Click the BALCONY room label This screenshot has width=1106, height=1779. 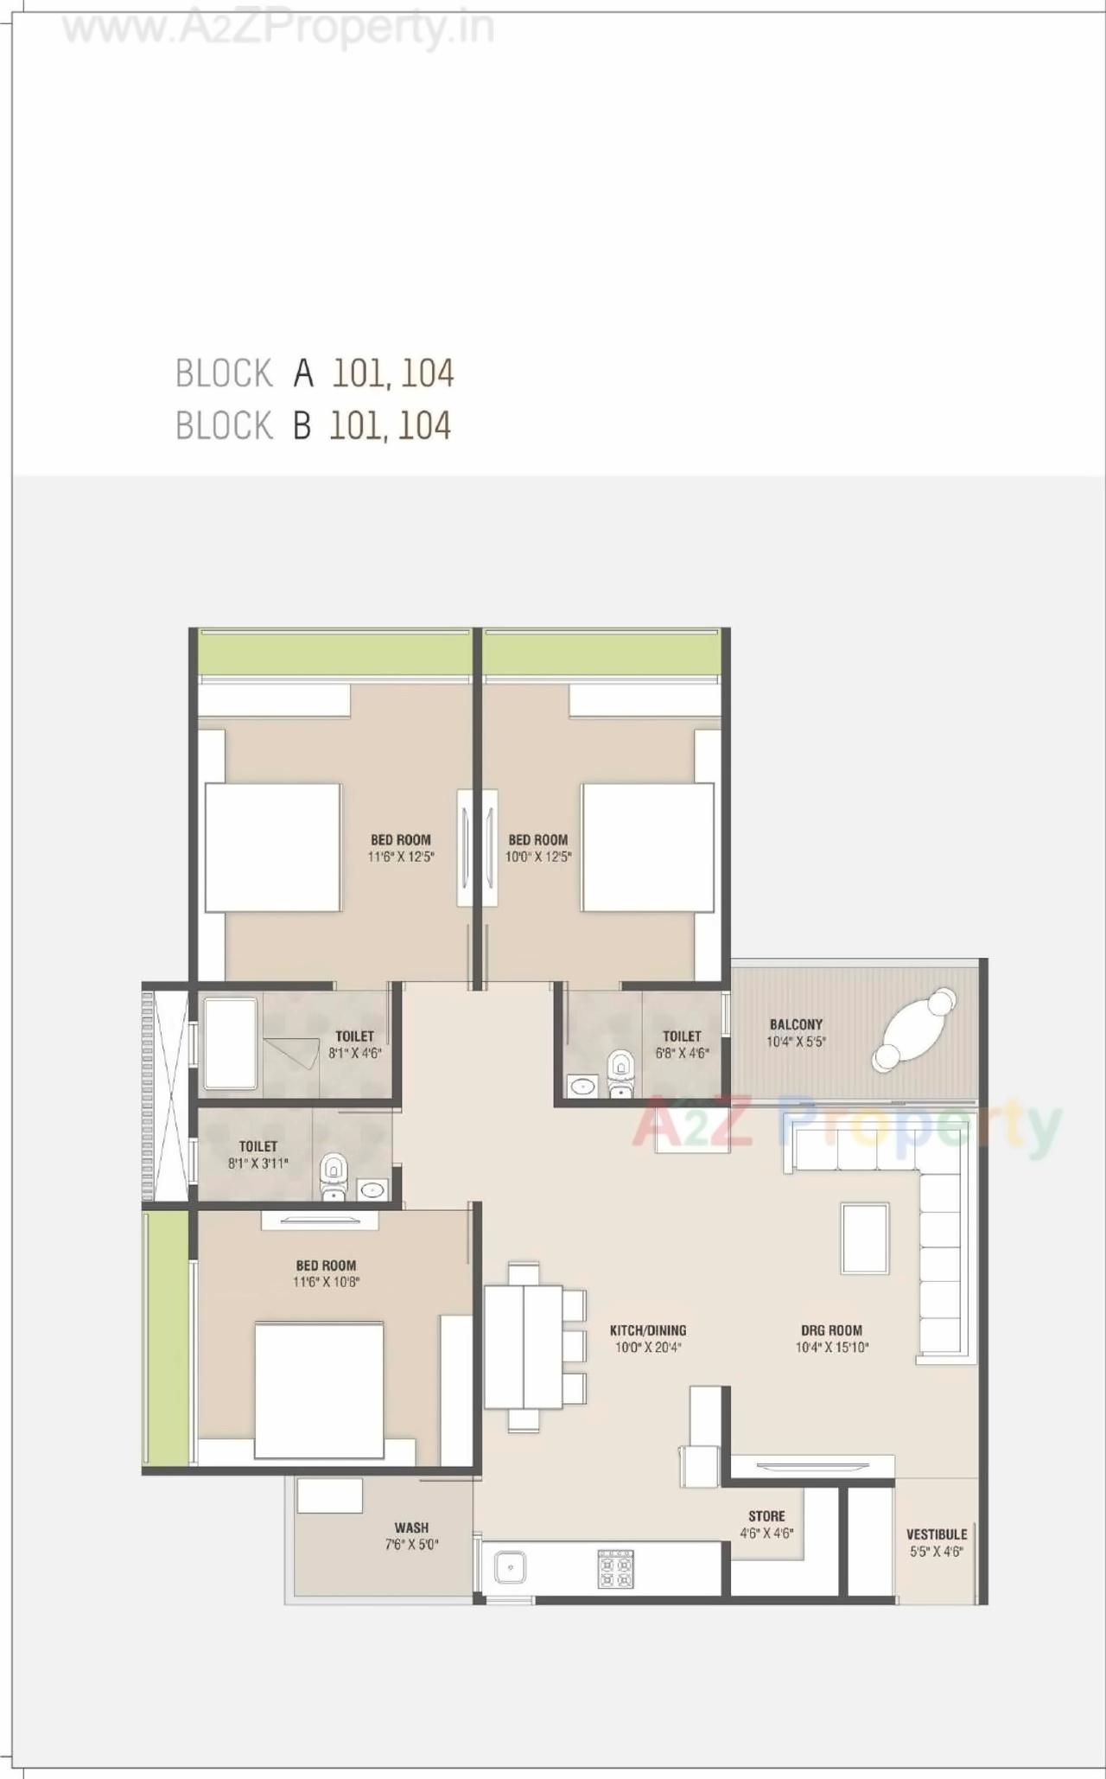coord(796,1024)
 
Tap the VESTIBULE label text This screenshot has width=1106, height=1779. coord(936,1534)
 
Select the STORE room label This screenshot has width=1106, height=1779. coord(766,1516)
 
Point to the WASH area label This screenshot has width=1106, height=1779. coord(411,1527)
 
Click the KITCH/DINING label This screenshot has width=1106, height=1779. coord(648,1330)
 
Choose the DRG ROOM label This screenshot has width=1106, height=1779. coord(831,1330)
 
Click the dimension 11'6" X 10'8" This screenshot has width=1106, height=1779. coord(326,1282)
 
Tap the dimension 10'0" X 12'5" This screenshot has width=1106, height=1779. coord(538,857)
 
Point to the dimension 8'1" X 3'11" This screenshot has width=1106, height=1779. coord(257,1164)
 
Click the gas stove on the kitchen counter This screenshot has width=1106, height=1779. coord(615,1569)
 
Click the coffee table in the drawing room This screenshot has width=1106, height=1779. coord(865,1237)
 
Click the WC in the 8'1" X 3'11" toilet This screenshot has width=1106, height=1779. coord(333,1176)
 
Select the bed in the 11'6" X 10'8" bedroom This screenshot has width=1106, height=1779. coord(320,1389)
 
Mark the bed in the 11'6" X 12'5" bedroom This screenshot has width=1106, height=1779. coord(272,847)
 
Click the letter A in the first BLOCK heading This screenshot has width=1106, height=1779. coord(302,373)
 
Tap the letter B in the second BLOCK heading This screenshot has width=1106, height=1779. coord(302,425)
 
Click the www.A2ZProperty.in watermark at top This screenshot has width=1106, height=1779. coord(278,29)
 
